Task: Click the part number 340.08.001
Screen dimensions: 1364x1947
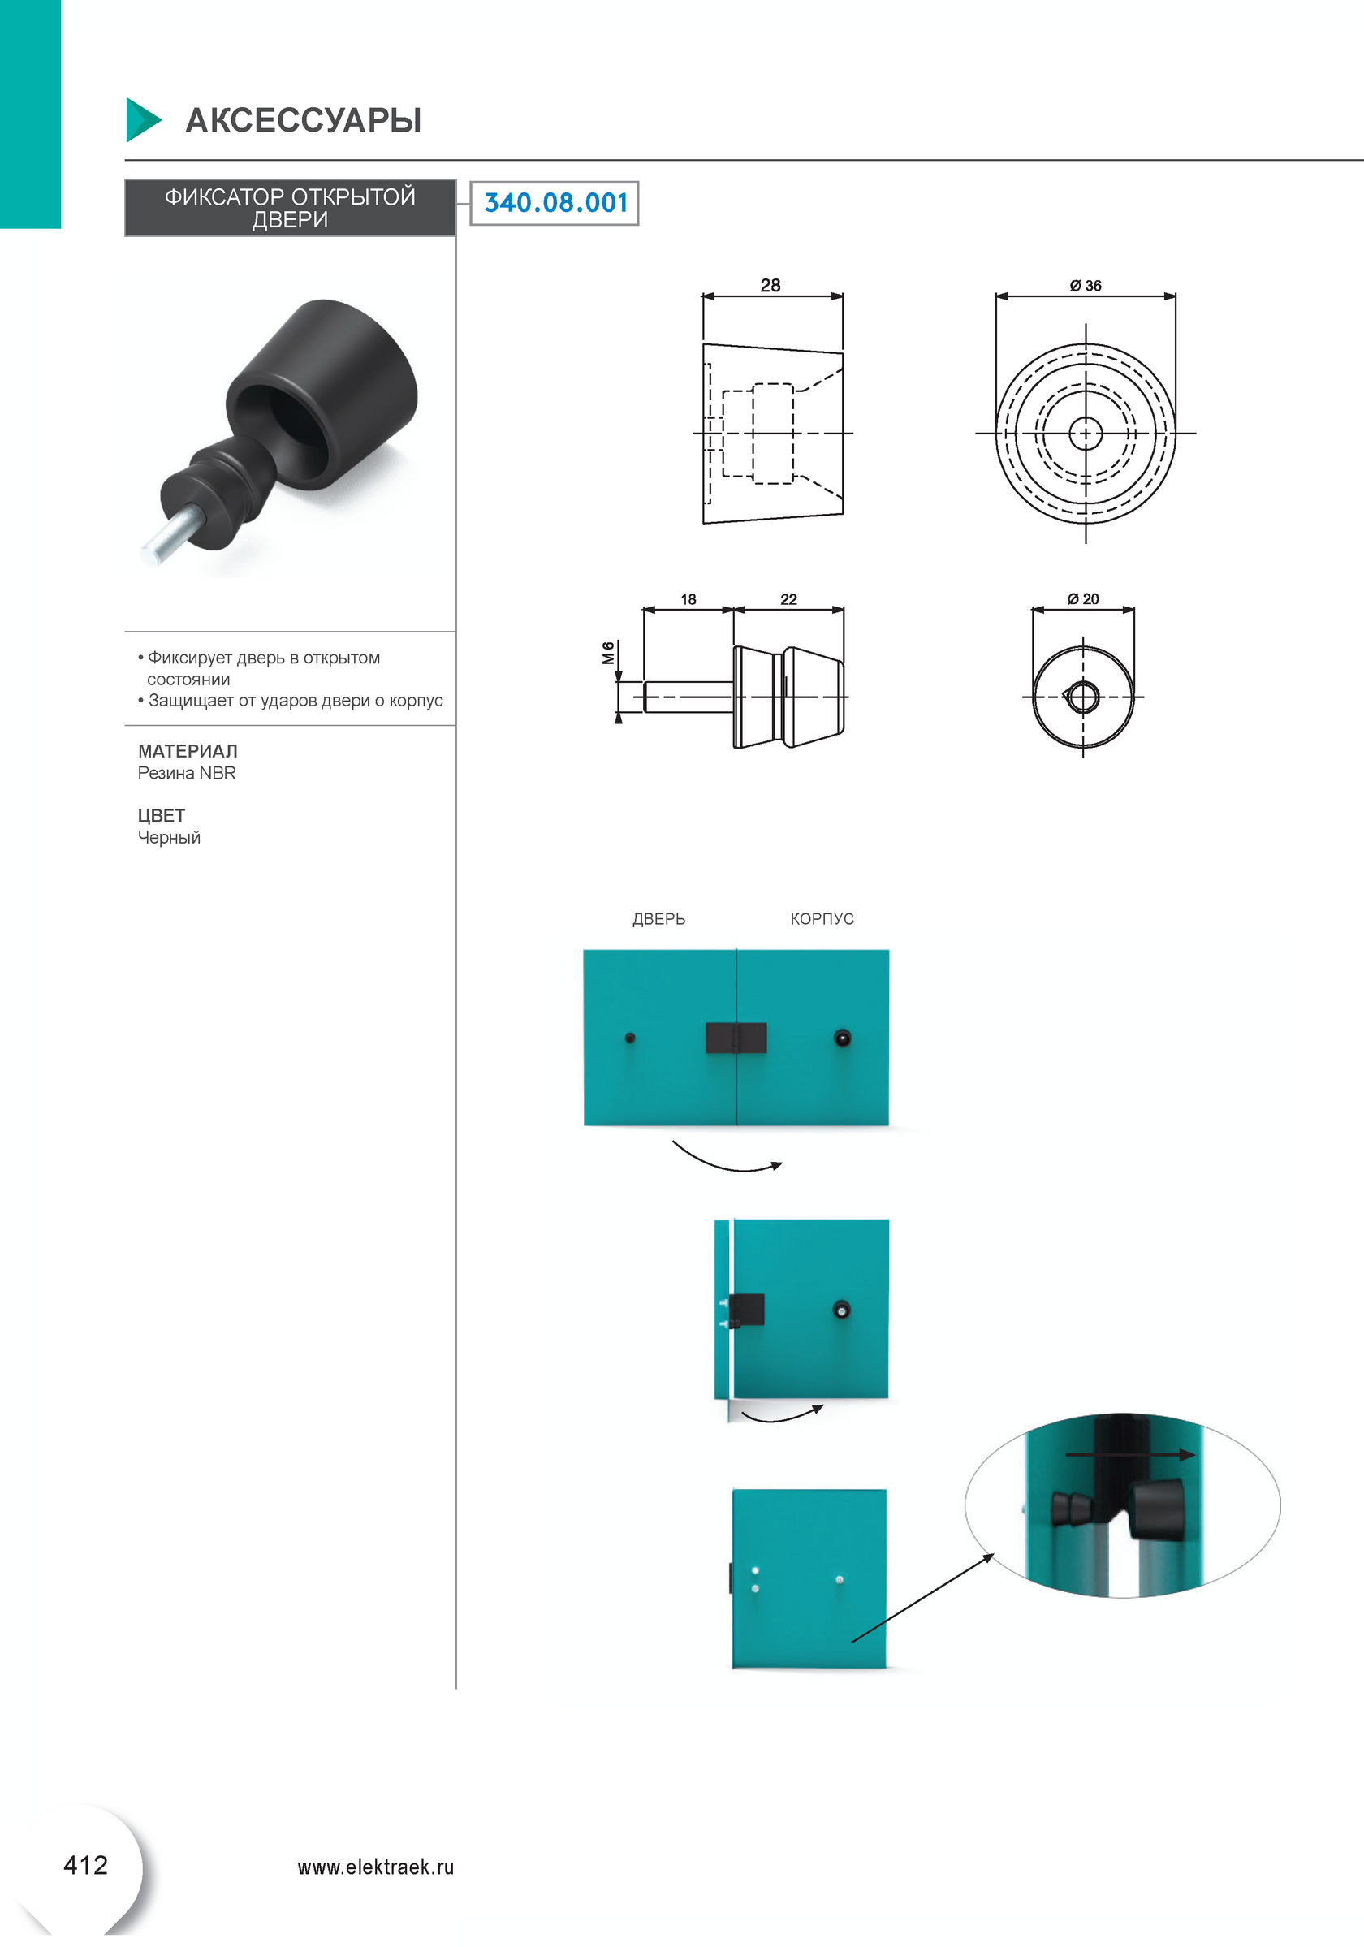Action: tap(555, 203)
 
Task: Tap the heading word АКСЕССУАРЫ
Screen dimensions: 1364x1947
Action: tap(304, 120)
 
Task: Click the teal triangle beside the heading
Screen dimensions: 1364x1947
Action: tap(143, 119)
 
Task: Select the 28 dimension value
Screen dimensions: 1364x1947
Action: tap(770, 285)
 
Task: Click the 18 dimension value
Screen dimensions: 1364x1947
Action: tap(688, 599)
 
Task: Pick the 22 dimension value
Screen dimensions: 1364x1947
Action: tap(788, 599)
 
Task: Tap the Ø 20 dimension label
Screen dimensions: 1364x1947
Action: tap(1083, 598)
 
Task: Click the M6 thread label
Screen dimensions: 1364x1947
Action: tap(608, 653)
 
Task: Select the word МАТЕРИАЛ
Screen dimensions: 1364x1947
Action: tap(188, 751)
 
